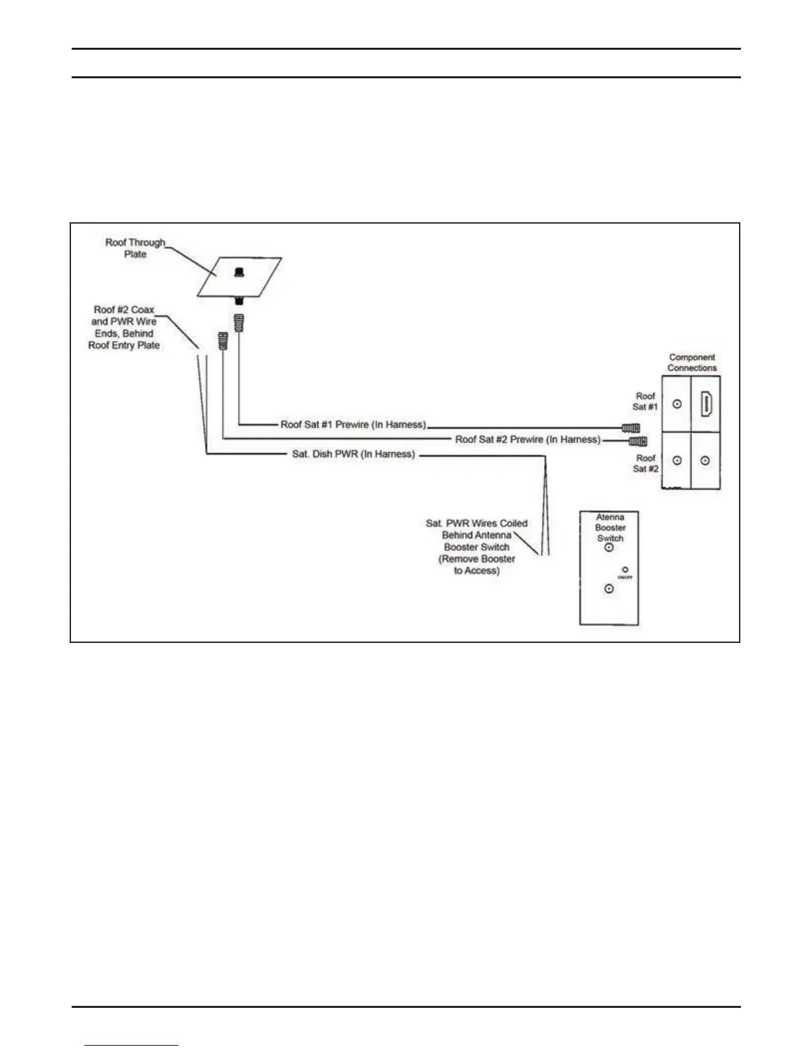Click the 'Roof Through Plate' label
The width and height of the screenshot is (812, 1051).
[x=135, y=248]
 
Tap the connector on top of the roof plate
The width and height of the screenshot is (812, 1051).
[x=239, y=272]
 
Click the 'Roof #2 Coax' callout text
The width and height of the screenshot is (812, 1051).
[x=124, y=327]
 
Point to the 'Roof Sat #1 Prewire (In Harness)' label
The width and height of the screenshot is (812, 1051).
[x=353, y=425]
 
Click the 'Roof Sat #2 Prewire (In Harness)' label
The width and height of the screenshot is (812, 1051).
[x=528, y=439]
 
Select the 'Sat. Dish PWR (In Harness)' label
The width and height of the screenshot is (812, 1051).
[x=354, y=455]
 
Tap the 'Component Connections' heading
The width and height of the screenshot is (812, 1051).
[x=692, y=362]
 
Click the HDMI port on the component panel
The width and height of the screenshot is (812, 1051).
[x=707, y=404]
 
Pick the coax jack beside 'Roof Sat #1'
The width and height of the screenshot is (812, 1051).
[x=677, y=403]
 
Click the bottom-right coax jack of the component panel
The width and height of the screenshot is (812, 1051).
[x=706, y=460]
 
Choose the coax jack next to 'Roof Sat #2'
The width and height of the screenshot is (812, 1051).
[x=677, y=460]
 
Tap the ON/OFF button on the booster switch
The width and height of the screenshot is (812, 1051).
[x=625, y=570]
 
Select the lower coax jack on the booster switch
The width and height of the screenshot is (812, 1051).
[x=609, y=589]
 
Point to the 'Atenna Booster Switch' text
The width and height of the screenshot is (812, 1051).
[x=610, y=527]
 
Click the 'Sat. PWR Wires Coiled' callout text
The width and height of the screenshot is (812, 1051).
[x=477, y=547]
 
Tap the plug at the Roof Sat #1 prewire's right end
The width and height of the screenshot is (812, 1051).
[x=631, y=427]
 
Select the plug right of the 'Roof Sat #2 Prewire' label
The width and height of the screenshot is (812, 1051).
[x=638, y=441]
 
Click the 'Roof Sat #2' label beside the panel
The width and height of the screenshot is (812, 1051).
[x=645, y=463]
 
